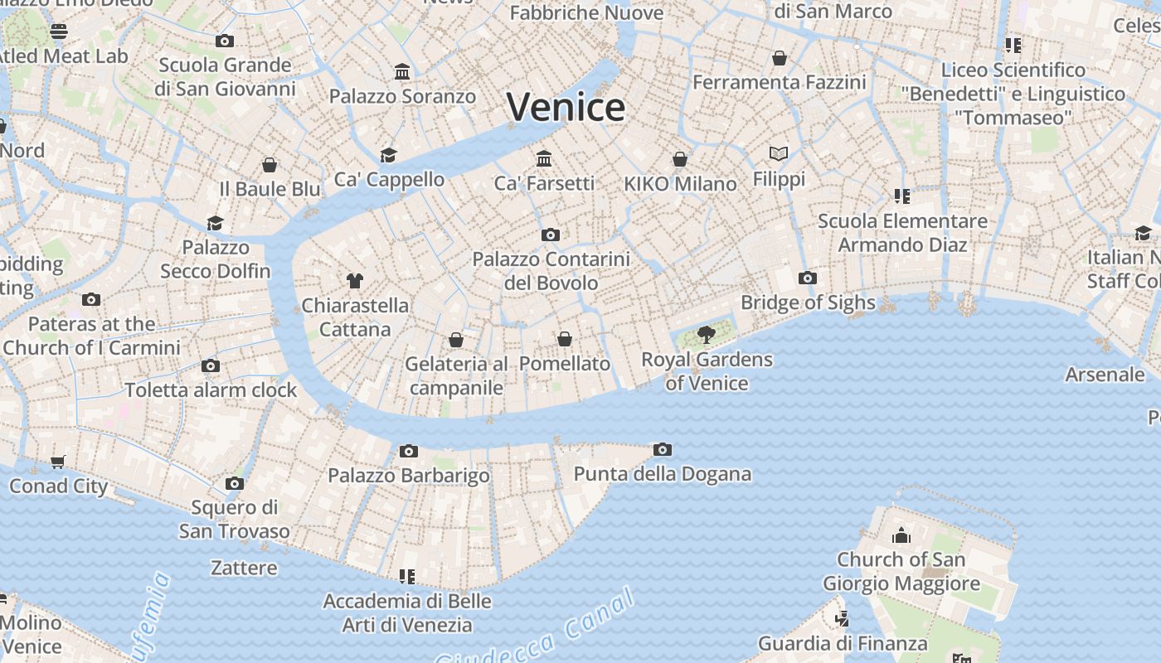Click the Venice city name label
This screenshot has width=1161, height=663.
pyautogui.click(x=566, y=107)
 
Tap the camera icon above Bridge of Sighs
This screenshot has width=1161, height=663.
pyautogui.click(x=807, y=278)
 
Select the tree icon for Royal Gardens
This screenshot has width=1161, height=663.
pyautogui.click(x=706, y=335)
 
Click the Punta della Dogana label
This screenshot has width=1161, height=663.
pyautogui.click(x=662, y=474)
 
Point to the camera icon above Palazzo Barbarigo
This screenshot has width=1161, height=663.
pyautogui.click(x=408, y=452)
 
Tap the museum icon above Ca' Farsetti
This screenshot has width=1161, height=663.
pyautogui.click(x=544, y=158)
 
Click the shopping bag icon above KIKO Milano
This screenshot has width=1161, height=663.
pyautogui.click(x=680, y=159)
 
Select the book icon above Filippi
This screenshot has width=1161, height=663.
pyautogui.click(x=778, y=153)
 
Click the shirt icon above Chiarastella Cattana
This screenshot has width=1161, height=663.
pyautogui.click(x=355, y=281)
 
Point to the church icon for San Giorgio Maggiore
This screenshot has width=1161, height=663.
pyautogui.click(x=901, y=535)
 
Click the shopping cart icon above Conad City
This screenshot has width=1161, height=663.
pyautogui.click(x=57, y=462)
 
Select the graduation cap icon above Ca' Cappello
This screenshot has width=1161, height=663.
pyautogui.click(x=388, y=155)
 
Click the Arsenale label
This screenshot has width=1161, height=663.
pyautogui.click(x=1105, y=374)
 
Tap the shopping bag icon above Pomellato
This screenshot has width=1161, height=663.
pyautogui.click(x=565, y=339)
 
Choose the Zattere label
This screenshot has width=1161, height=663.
pyautogui.click(x=244, y=568)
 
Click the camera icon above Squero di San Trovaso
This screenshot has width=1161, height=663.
pyautogui.click(x=235, y=483)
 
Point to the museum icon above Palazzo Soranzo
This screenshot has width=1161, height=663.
pyautogui.click(x=402, y=72)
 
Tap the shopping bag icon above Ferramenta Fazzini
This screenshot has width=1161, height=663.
pyautogui.click(x=779, y=58)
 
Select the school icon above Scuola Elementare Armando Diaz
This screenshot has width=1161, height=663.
pyautogui.click(x=902, y=196)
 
